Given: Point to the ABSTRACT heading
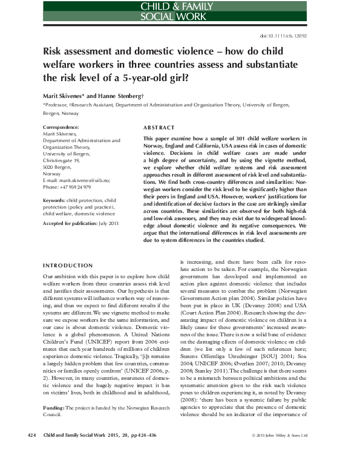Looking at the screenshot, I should (x=159, y=128).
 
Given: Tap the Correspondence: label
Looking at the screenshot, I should (x=61, y=128).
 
